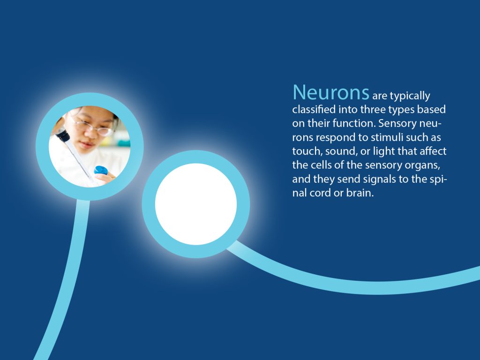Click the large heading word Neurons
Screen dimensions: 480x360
[x=331, y=92]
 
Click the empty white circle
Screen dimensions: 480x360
[x=196, y=204]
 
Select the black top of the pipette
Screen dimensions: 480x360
[x=63, y=135]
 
